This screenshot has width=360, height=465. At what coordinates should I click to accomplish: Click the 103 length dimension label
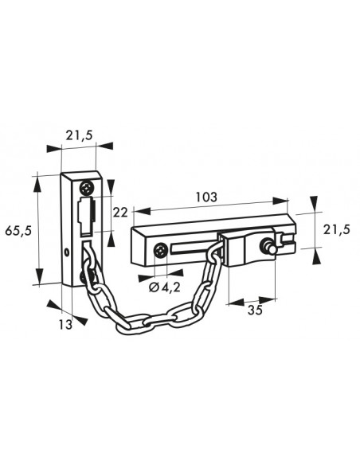pyautogui.click(x=206, y=197)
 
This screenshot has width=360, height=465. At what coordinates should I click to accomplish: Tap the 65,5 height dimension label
pyautogui.click(x=18, y=230)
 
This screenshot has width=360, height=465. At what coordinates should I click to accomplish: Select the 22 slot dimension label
pyautogui.click(x=120, y=213)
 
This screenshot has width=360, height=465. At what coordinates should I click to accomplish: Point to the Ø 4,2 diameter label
pyautogui.click(x=165, y=287)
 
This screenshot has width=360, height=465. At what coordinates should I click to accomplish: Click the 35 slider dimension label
pyautogui.click(x=256, y=311)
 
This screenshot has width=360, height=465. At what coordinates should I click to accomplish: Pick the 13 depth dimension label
pyautogui.click(x=65, y=324)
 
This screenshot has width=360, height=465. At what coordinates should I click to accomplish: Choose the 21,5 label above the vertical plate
pyautogui.click(x=79, y=135)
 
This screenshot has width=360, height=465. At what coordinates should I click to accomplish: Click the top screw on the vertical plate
pyautogui.click(x=87, y=188)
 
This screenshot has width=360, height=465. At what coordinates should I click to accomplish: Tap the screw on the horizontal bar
pyautogui.click(x=161, y=251)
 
